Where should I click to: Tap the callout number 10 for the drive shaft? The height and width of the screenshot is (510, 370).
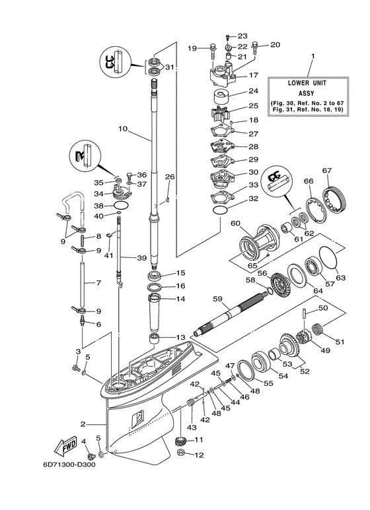coord(122,130)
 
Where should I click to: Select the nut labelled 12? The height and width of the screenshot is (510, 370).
coord(180,454)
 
